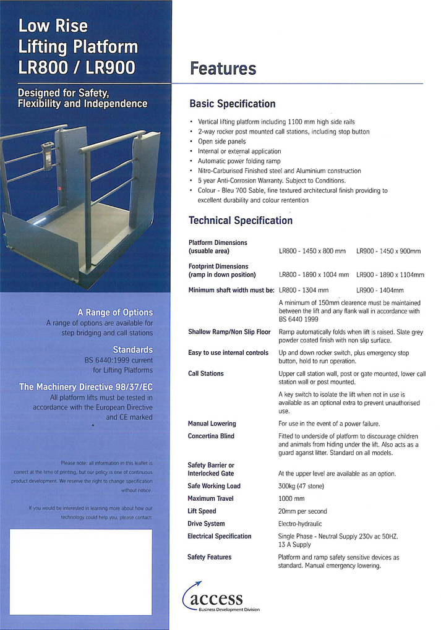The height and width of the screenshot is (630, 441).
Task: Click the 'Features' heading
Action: (x=223, y=69)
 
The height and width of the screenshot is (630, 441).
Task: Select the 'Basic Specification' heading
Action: (x=232, y=104)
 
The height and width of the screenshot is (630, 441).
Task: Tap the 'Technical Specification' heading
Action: (x=240, y=221)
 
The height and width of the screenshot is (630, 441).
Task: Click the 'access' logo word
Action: (x=216, y=598)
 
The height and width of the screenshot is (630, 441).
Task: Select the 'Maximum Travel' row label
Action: (x=214, y=498)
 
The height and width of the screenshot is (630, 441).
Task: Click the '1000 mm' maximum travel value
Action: (x=292, y=498)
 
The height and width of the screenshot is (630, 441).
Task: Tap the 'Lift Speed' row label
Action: (x=202, y=511)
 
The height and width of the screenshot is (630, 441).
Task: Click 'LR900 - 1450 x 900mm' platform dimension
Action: (x=388, y=251)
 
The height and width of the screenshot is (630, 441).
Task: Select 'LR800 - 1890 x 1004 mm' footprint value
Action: (x=314, y=275)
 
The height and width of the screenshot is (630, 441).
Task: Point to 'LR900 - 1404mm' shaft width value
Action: (x=380, y=290)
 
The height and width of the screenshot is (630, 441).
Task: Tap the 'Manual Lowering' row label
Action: (x=212, y=424)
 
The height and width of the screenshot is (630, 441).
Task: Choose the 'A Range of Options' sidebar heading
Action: (x=115, y=312)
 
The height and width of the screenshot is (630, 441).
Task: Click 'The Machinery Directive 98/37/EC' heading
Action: (x=86, y=386)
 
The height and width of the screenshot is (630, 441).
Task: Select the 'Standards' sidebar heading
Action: (x=132, y=349)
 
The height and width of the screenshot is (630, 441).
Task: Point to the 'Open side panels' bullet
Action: (x=221, y=142)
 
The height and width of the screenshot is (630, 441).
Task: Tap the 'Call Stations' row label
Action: (x=206, y=373)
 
